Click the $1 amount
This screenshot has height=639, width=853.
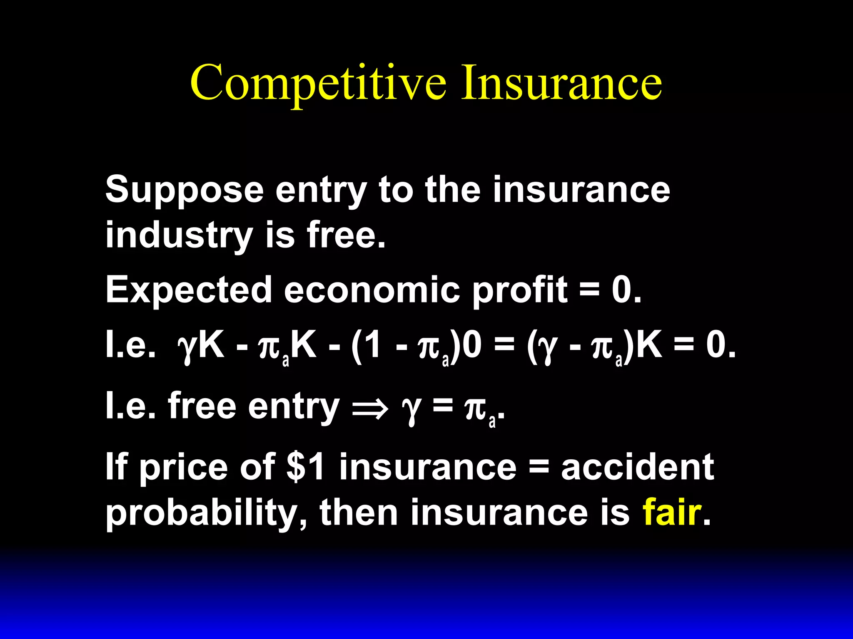click(306, 467)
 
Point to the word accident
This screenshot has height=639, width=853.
click(637, 467)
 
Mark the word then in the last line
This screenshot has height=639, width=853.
click(359, 512)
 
